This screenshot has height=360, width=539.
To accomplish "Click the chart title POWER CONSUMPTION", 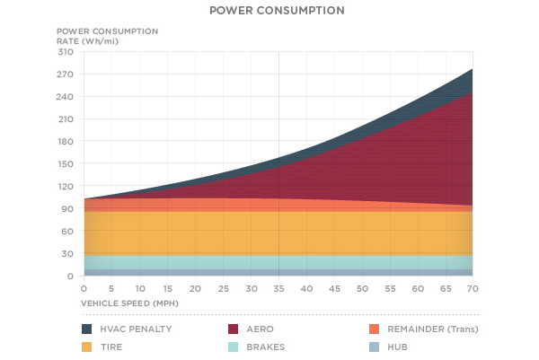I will coord(269,12).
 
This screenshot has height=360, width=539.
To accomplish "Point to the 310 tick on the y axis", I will coord(64,52).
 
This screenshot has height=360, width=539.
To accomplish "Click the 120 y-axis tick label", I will coord(64,187).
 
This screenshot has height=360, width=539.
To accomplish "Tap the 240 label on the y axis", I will coord(64,97).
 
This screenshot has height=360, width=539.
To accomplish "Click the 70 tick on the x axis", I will coord(473,288).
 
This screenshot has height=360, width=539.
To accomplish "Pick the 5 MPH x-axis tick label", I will coord(110,288).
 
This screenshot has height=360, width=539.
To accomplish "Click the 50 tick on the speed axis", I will coord(361,288).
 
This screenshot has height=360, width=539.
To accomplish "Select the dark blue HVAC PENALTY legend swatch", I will coord(87,329).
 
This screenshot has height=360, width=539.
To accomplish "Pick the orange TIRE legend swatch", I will coord(87,346).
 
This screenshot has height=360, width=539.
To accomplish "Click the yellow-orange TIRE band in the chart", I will coord(269,233).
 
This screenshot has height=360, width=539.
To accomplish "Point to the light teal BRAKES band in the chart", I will coord(269,262).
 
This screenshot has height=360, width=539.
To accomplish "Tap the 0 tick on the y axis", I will coord(68,277).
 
